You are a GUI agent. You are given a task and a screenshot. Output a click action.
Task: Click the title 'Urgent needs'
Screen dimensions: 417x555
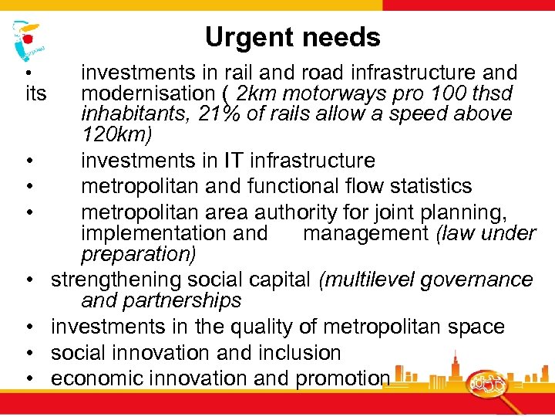point(292,37)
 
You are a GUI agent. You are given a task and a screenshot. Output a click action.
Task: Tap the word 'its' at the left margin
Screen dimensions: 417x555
point(36,93)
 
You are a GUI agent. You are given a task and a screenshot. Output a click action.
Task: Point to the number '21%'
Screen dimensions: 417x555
point(222,114)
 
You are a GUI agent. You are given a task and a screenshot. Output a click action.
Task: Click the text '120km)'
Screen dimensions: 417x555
point(116,134)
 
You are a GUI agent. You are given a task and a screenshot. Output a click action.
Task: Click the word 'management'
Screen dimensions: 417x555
point(365,232)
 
